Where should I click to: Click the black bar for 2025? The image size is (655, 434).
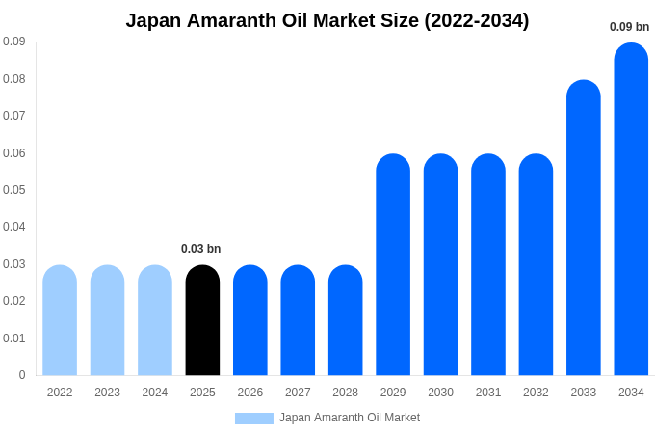(x=202, y=320)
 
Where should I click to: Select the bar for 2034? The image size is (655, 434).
(x=631, y=209)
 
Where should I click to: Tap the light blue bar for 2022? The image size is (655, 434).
(x=60, y=320)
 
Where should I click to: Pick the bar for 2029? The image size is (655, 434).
(x=393, y=265)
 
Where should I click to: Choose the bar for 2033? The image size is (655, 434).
(x=584, y=228)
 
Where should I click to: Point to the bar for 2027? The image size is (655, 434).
(x=298, y=320)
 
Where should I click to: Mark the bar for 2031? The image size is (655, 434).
(x=488, y=265)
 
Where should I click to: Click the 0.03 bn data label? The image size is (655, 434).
(x=200, y=249)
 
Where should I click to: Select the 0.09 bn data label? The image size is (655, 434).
(x=629, y=27)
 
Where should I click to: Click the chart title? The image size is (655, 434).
(x=327, y=20)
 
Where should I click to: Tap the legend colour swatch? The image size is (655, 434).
(x=254, y=419)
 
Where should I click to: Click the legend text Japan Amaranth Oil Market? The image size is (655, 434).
(x=350, y=419)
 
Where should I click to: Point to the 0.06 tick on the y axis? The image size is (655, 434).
(x=13, y=153)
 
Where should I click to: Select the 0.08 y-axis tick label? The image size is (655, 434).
(x=13, y=79)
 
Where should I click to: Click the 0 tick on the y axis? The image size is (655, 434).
(x=22, y=375)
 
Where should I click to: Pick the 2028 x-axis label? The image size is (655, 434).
(x=345, y=393)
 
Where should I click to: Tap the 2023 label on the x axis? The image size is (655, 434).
(x=107, y=393)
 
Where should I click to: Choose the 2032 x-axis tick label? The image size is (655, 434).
(x=536, y=393)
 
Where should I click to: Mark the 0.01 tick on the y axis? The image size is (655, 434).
(x=13, y=339)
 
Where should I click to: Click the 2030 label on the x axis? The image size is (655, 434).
(x=440, y=393)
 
